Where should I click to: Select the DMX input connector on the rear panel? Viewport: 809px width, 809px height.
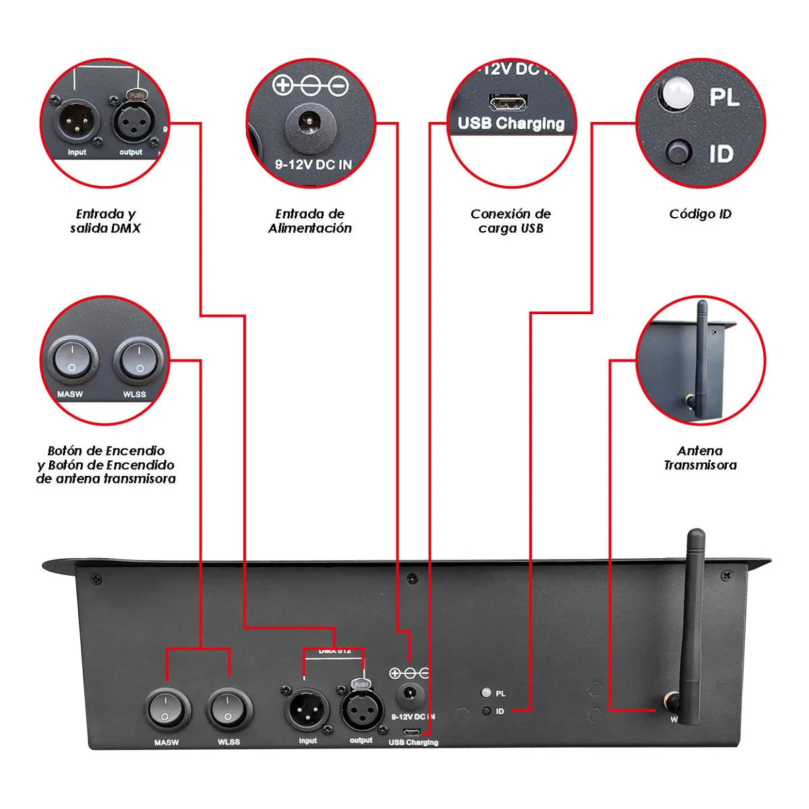(307, 709)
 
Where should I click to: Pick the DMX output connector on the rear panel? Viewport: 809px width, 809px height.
(361, 709)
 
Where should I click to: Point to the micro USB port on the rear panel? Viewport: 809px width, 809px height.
(412, 732)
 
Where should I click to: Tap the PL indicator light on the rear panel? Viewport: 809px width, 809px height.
(485, 692)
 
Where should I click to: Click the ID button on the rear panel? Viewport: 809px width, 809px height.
(486, 711)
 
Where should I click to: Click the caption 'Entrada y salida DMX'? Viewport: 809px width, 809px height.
(105, 221)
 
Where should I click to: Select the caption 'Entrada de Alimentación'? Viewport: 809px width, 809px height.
(310, 221)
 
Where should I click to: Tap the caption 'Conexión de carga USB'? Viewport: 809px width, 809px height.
(510, 221)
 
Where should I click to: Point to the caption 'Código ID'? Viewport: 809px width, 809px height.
(700, 214)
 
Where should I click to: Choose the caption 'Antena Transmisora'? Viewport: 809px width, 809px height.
(700, 458)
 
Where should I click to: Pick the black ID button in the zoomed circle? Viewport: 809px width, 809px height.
(678, 152)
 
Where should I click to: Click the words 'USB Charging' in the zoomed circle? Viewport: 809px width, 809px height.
(511, 123)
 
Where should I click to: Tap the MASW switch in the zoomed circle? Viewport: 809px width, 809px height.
(72, 361)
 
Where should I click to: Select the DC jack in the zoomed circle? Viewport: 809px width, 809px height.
(309, 123)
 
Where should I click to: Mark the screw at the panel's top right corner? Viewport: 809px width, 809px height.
(726, 576)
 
